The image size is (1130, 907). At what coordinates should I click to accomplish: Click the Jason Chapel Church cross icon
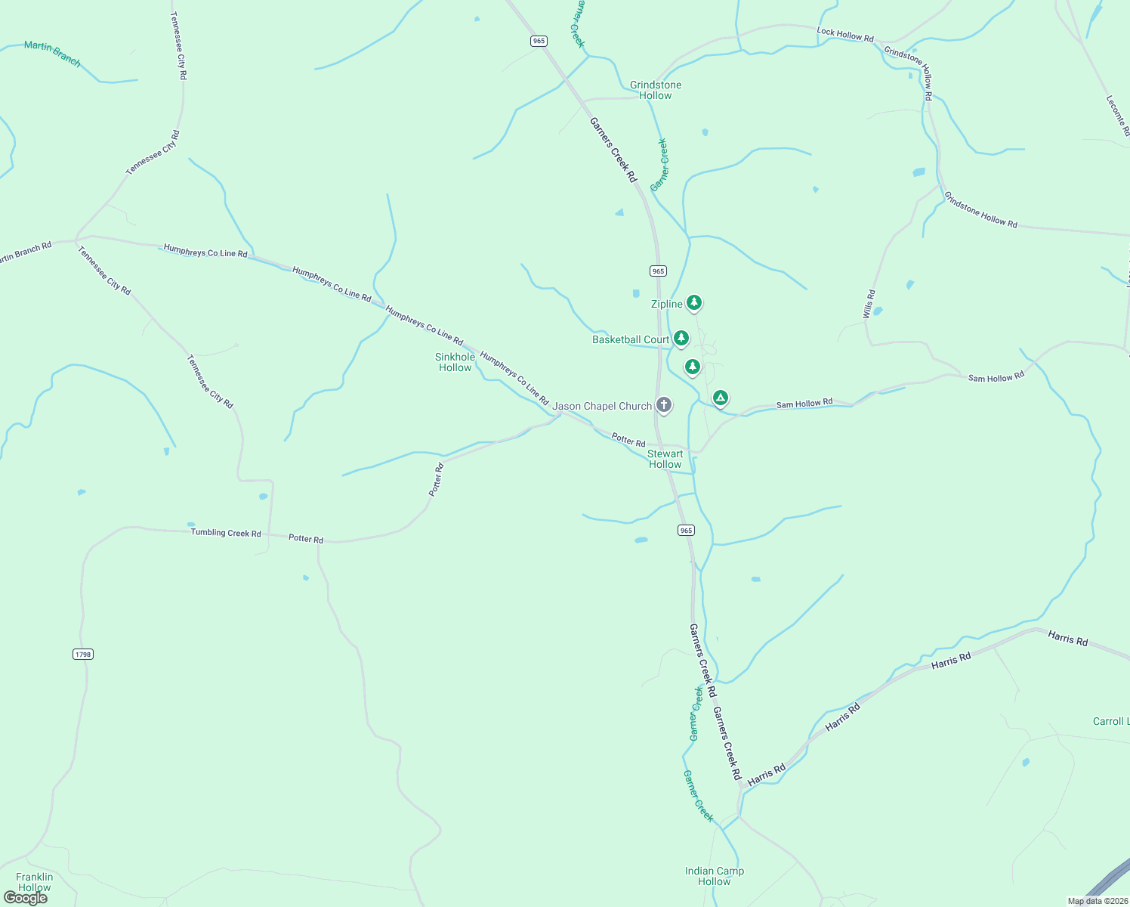[x=663, y=405]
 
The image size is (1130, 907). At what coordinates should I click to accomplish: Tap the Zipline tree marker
[x=694, y=303]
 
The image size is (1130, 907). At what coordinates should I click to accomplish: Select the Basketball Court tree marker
[x=681, y=338]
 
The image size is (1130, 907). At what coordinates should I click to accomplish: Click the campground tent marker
[x=721, y=398]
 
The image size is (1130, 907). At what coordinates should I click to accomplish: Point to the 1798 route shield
[x=83, y=654]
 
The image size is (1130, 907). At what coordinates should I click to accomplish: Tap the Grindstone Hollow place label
[x=656, y=90]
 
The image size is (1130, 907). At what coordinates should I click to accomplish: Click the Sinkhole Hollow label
[x=455, y=362]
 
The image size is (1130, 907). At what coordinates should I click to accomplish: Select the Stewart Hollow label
[x=665, y=459]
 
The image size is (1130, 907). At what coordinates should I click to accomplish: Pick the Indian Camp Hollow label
[x=715, y=876]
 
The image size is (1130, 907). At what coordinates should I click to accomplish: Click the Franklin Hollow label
[x=35, y=882]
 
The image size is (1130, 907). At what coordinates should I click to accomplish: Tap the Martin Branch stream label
[x=52, y=54]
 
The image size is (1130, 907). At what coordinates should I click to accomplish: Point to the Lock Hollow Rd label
[x=845, y=34]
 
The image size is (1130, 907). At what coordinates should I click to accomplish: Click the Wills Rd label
[x=869, y=303]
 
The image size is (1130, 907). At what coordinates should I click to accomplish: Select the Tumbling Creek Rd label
[x=226, y=533]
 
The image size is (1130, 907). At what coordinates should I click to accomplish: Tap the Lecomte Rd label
[x=1118, y=115]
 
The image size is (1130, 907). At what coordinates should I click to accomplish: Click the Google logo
[x=26, y=898]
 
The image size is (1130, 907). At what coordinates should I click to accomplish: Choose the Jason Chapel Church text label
[x=602, y=406]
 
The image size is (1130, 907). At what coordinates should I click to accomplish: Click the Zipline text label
[x=667, y=304]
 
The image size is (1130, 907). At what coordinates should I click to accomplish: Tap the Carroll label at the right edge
[x=1110, y=721]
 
